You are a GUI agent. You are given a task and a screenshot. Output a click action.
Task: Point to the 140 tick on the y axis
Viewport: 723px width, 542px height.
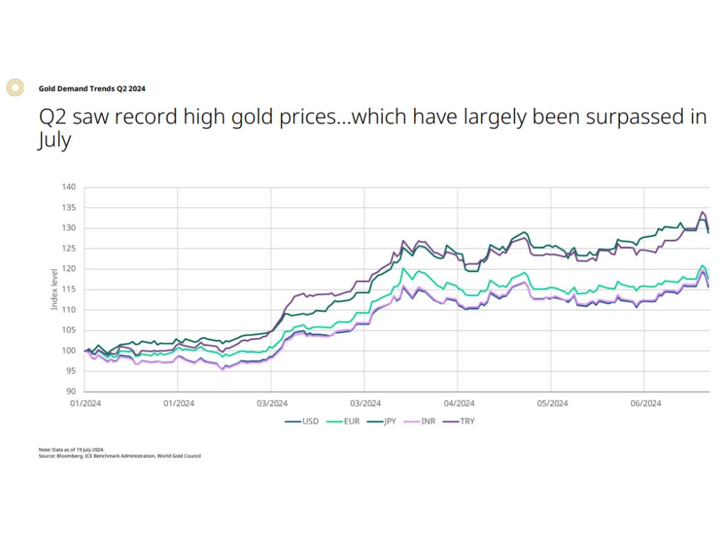point(68,187)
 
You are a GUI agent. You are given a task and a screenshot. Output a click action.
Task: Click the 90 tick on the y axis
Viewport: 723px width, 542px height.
point(71,392)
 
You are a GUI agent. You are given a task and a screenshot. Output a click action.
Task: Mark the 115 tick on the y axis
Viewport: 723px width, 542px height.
point(68,289)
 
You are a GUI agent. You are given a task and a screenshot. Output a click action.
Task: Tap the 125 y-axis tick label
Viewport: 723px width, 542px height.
point(68,248)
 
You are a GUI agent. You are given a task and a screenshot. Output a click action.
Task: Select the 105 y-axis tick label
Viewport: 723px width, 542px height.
point(68,330)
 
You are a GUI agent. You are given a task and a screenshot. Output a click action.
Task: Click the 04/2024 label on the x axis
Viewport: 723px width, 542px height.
point(458,404)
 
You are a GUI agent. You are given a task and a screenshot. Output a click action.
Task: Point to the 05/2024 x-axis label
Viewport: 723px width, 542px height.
point(552,404)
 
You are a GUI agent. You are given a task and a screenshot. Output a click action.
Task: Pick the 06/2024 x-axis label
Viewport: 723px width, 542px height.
point(645,404)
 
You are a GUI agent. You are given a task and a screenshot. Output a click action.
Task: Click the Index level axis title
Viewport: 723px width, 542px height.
point(54,290)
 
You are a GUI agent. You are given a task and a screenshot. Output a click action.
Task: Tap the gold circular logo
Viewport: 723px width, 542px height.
point(15,88)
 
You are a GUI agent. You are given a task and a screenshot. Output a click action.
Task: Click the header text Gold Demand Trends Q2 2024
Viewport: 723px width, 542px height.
point(92,88)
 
